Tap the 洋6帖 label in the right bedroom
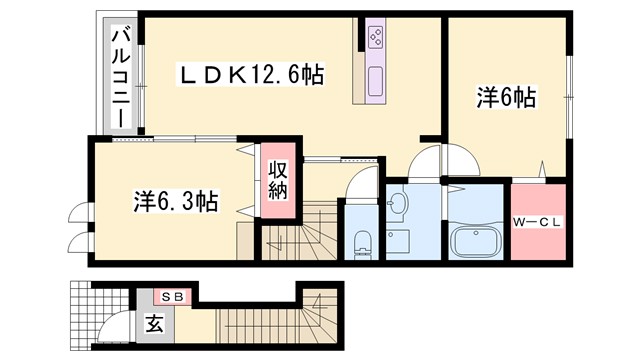[x=505, y=97]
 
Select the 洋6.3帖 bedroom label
[x=176, y=200]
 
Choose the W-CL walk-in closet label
[x=539, y=222]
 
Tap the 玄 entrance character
[x=154, y=323]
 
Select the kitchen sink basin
[x=376, y=80]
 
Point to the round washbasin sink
[x=397, y=206]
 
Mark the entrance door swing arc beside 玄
[x=116, y=324]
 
